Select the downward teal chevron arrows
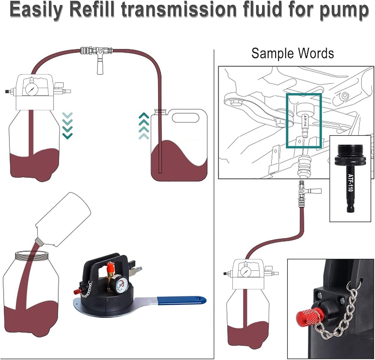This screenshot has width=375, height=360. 67,125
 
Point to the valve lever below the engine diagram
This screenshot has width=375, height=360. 313,191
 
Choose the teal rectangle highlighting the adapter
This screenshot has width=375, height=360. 304,121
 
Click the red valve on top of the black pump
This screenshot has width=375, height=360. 111,268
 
